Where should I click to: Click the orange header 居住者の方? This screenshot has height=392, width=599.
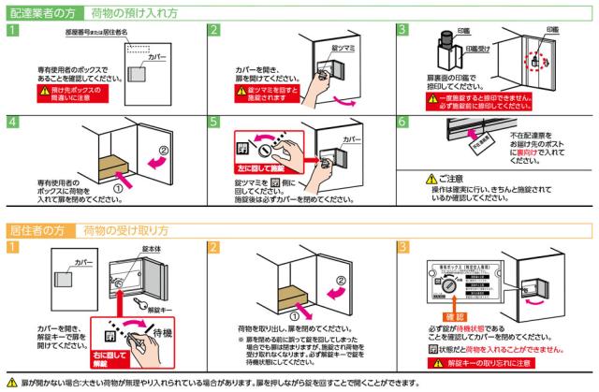38,229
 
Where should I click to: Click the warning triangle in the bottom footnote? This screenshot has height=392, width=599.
11,384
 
